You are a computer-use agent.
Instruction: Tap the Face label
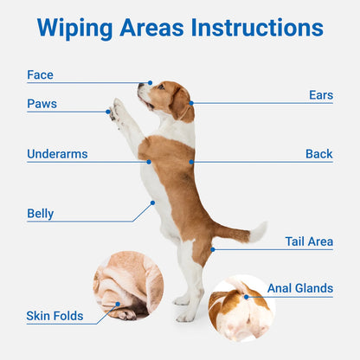pos(40,75)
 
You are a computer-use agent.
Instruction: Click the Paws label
pos(42,104)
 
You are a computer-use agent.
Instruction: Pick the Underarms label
pos(57,154)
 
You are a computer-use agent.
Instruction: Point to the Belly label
pos(40,213)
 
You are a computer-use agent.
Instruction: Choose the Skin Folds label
pos(55,316)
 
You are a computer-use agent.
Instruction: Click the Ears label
pos(320,95)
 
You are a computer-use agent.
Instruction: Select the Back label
pos(318,154)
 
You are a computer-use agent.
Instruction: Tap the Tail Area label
pos(309,241)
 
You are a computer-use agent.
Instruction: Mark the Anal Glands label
pos(299,288)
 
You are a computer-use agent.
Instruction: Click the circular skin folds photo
pos(128,285)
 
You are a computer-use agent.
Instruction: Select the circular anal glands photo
pos(241,308)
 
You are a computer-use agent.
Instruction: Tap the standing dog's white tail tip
pos(258,231)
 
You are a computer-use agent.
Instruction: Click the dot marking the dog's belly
pos(153,203)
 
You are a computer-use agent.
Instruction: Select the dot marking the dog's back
pos(192,161)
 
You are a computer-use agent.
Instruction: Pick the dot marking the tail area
pos(213,249)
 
